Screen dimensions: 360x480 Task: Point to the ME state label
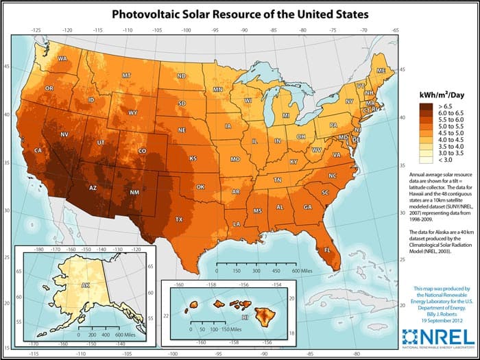381,71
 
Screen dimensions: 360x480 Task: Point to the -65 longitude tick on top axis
396,31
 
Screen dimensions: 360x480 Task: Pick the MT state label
127,75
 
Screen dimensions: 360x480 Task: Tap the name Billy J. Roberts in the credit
437,312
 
